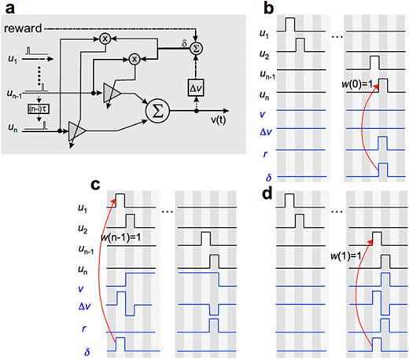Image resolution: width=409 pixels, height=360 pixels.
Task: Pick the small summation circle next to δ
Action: coord(197,48)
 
